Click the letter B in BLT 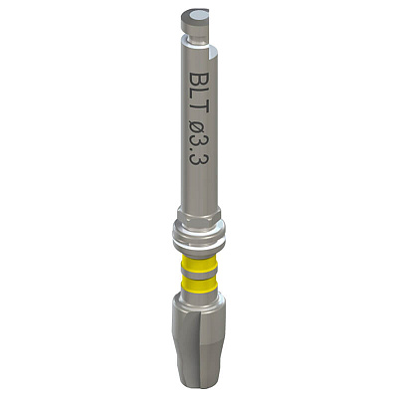199,80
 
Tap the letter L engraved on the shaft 199,95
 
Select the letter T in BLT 199,107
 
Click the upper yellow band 199,262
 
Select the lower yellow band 199,287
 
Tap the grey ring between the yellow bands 199,275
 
